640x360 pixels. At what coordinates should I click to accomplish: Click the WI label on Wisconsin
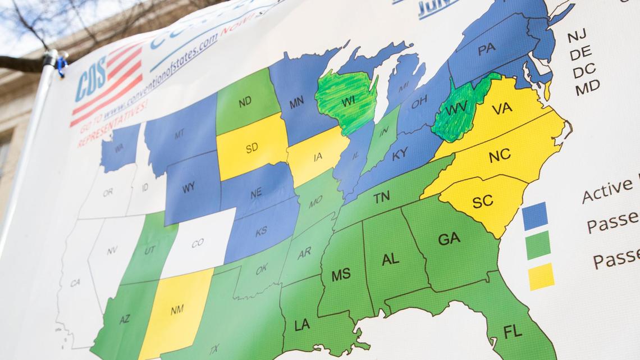[348, 101]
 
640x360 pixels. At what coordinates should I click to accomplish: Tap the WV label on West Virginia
[455, 110]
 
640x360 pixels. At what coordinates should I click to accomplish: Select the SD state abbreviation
[252, 148]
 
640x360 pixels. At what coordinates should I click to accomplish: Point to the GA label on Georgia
[449, 239]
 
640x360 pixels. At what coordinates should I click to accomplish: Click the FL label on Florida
[512, 331]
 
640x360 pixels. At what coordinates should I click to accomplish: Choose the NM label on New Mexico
[177, 309]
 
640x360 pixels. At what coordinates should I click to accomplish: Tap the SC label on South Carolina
[482, 202]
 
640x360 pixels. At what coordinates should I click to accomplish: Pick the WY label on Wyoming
[189, 188]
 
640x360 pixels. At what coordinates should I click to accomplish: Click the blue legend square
[534, 216]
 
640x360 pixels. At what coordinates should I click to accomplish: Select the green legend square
[538, 245]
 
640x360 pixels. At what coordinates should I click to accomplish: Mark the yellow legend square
[541, 277]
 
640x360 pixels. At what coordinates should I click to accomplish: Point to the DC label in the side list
[584, 71]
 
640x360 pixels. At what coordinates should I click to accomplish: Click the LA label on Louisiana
[302, 325]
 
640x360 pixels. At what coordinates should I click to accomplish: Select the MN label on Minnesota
[297, 103]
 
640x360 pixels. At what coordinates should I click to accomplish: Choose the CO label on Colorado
[197, 243]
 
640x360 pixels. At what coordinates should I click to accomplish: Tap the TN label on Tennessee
[381, 197]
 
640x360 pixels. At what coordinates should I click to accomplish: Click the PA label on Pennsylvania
[486, 49]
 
